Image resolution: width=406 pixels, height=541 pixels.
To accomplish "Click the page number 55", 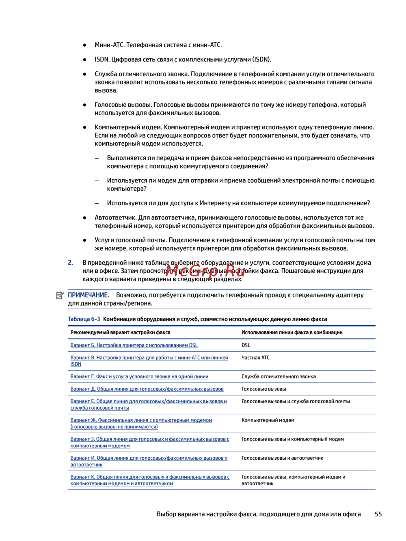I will click(378, 514).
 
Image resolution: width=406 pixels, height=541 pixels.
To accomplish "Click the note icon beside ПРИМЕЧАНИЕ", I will click(60, 295).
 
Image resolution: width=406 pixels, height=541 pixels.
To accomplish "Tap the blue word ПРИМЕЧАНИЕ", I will click(88, 295).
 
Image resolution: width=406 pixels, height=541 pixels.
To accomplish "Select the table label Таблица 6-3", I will click(84, 319).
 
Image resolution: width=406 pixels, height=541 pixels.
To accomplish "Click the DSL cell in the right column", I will click(246, 345).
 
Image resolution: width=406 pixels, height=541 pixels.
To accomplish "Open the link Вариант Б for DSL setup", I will click(134, 345).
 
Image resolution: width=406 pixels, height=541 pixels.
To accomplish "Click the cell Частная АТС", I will click(255, 358).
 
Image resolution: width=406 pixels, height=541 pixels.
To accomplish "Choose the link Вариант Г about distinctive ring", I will click(139, 376).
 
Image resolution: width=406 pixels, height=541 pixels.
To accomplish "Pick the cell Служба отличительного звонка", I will click(279, 376).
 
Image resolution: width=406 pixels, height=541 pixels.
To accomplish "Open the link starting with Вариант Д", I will click(147, 389).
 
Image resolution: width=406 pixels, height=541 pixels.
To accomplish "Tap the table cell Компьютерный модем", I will click(268, 420).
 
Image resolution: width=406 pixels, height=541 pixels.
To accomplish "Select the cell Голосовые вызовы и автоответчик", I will click(282, 458).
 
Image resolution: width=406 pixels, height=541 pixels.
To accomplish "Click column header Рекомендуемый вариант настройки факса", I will click(120, 332).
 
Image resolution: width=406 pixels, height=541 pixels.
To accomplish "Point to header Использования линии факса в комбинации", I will click(292, 332).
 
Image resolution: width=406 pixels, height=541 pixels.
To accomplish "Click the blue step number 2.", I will click(70, 263).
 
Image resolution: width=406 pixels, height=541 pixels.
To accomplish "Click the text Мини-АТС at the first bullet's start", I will click(109, 45).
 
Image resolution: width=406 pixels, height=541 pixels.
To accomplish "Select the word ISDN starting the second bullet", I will click(102, 59).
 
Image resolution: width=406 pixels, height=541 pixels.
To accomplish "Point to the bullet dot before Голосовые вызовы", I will click(85, 105).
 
